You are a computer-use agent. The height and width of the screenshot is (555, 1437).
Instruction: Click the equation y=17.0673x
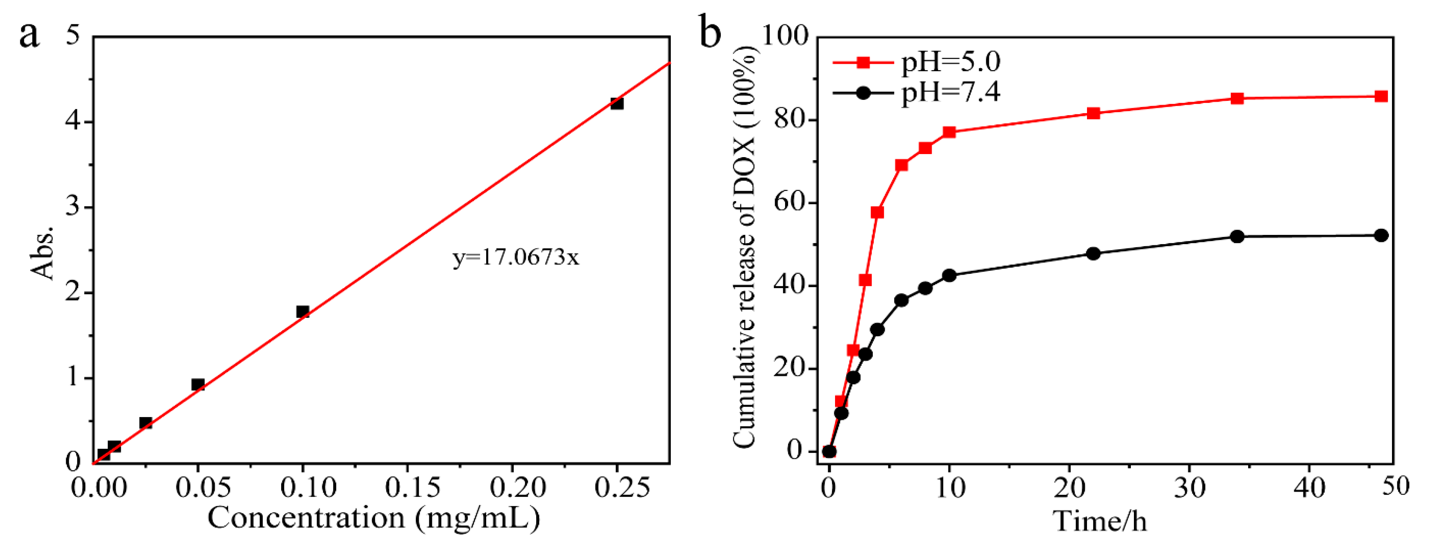click(515, 257)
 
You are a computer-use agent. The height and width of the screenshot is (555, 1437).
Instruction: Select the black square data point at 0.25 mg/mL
click(617, 103)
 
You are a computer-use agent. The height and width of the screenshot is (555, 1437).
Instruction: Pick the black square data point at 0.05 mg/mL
click(197, 384)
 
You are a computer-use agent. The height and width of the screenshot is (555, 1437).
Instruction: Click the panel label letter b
click(710, 34)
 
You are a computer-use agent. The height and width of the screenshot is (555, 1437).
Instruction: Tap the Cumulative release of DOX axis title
click(745, 246)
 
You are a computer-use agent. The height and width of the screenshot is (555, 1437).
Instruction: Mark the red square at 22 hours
click(1094, 113)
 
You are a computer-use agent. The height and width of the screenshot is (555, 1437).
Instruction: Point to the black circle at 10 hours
click(949, 275)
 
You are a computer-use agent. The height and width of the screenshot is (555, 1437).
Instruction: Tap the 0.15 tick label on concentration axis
click(412, 488)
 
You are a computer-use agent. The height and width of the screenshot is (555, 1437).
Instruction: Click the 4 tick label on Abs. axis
click(73, 121)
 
